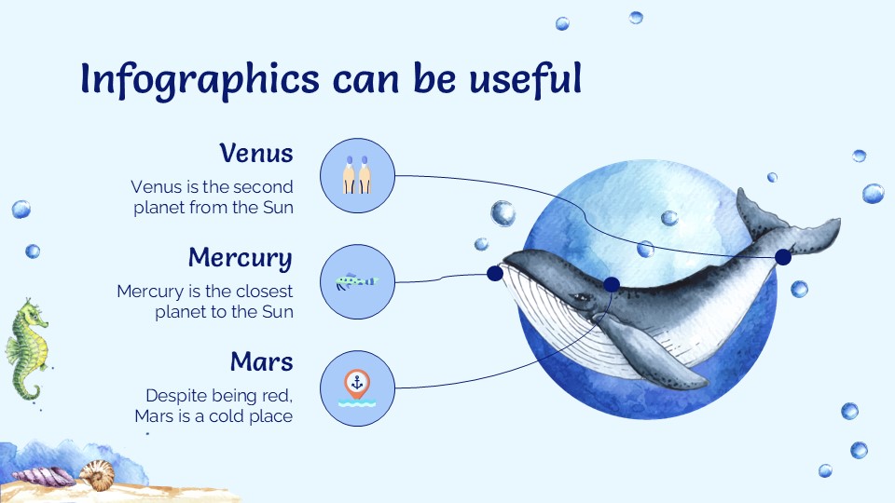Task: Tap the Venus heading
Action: (x=256, y=153)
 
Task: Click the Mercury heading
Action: (x=240, y=257)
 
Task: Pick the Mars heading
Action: (x=261, y=361)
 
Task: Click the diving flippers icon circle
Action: (x=357, y=176)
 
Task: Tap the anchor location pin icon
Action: (x=357, y=383)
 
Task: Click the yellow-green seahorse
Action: (x=25, y=349)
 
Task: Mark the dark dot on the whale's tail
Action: (x=783, y=256)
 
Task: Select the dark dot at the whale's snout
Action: (x=494, y=273)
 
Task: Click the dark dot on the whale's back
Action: (x=612, y=284)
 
